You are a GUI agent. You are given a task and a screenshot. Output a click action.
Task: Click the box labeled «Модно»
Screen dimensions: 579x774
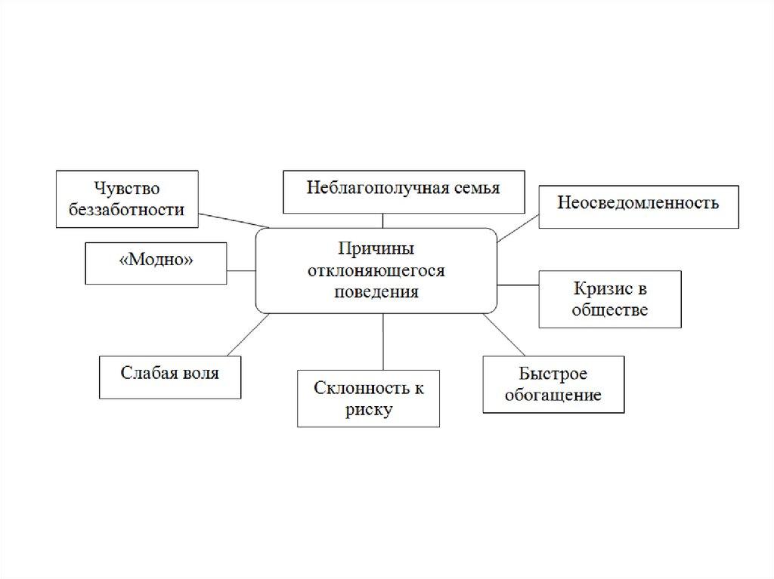156,263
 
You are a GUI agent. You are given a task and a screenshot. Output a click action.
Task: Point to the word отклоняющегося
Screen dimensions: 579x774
376,271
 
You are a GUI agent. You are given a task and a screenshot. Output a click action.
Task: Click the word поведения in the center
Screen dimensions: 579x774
376,291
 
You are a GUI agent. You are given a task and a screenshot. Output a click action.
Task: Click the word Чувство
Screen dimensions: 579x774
127,189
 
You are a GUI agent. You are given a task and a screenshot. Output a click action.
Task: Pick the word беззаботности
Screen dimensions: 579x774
127,210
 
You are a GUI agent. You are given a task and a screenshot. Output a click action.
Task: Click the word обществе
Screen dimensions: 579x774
610,310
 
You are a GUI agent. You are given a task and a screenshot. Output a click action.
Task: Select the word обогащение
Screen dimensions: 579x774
553,395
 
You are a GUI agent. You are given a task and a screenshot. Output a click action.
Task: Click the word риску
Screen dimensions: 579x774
369,410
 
